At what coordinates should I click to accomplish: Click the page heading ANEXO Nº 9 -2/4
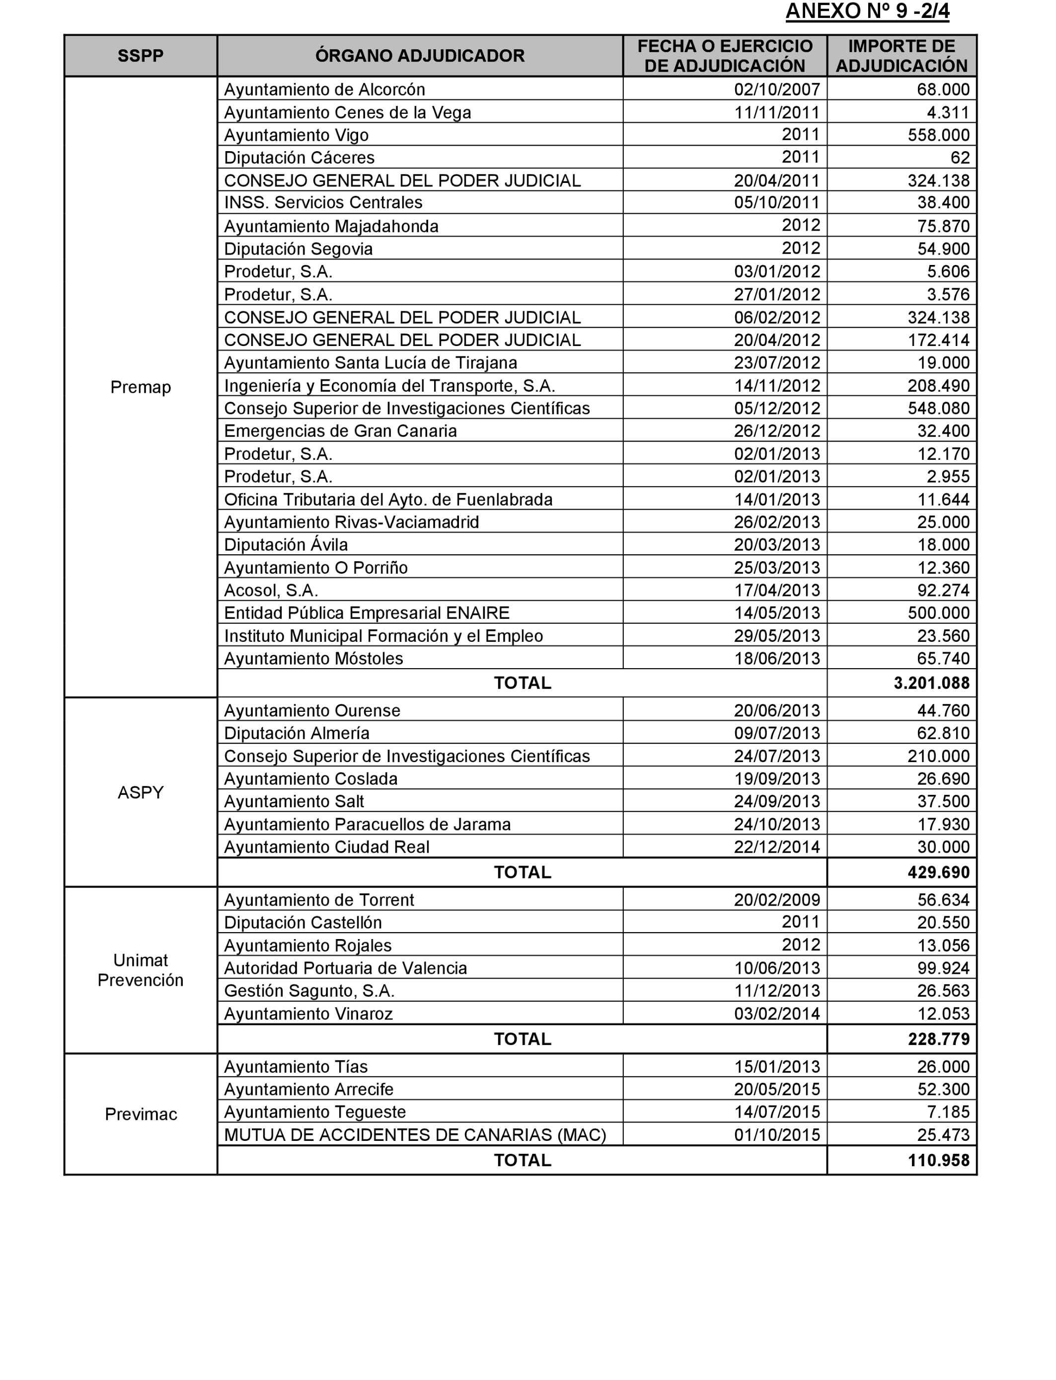[x=867, y=12]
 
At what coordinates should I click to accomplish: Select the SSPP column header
[x=140, y=56]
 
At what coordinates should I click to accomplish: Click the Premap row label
[x=140, y=387]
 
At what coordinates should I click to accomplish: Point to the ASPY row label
[x=140, y=792]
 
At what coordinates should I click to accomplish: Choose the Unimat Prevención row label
[x=140, y=970]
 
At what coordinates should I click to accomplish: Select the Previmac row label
[x=140, y=1114]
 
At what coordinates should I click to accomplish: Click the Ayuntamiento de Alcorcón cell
[x=324, y=89]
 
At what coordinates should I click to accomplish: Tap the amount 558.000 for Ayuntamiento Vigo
[x=938, y=135]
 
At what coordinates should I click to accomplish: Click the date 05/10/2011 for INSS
[x=776, y=202]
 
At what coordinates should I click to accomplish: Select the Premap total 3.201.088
[x=931, y=683]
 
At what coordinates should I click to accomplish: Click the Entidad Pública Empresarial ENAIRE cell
[x=367, y=612]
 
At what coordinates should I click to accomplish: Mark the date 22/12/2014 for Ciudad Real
[x=776, y=847]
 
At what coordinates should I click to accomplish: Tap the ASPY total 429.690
[x=938, y=872]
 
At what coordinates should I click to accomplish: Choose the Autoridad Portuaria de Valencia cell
[x=345, y=968]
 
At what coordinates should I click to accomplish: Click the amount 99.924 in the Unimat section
[x=943, y=968]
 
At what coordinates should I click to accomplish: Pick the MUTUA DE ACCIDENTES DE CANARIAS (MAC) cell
[x=415, y=1135]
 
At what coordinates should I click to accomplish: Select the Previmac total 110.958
[x=938, y=1160]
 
